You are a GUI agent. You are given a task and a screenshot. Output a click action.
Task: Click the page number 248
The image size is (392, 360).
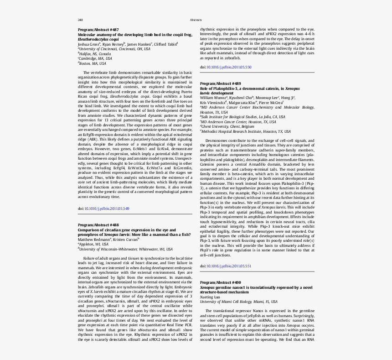tap(80, 20)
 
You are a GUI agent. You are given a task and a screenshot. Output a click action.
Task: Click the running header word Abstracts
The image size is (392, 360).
tap(196, 20)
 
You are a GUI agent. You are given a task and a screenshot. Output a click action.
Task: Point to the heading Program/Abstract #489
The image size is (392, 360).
tap(221, 83)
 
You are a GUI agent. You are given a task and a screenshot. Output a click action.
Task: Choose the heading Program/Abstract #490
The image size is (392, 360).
tap(221, 283)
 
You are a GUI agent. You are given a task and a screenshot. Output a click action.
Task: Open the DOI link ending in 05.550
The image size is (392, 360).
tap(229, 67)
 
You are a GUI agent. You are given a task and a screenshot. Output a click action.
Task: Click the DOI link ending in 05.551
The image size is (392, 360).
tap(229, 266)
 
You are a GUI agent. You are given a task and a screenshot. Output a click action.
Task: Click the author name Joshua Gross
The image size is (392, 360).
tap(88, 44)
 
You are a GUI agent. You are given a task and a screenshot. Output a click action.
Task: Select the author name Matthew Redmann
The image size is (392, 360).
tap(94, 240)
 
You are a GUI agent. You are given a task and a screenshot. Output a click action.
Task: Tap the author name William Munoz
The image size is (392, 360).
tap(213, 98)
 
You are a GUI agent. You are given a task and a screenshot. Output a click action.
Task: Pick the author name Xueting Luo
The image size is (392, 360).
tap(210, 297)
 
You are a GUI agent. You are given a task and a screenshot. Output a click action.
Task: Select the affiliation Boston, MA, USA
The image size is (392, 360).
tap(93, 63)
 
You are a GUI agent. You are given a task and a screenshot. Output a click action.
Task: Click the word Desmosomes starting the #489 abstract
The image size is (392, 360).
tap(215, 141)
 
